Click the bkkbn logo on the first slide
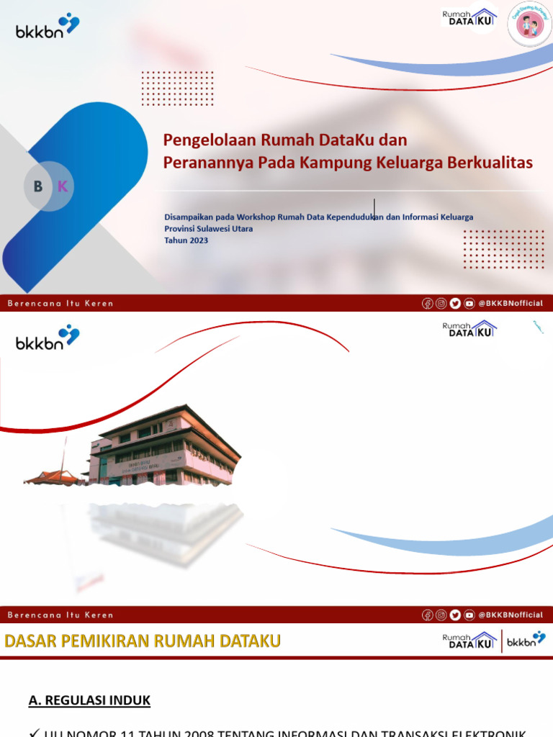tap(48, 27)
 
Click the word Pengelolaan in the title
tap(199, 139)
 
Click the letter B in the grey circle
tap(38, 186)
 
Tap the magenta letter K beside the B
tap(62, 186)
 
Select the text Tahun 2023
tap(186, 240)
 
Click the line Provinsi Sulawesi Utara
tap(208, 229)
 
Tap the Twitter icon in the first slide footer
tap(455, 303)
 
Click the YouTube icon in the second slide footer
tap(469, 615)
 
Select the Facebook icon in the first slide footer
tap(428, 303)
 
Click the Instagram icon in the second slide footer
tap(441, 615)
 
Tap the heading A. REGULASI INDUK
tap(89, 700)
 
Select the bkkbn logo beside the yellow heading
tap(526, 640)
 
